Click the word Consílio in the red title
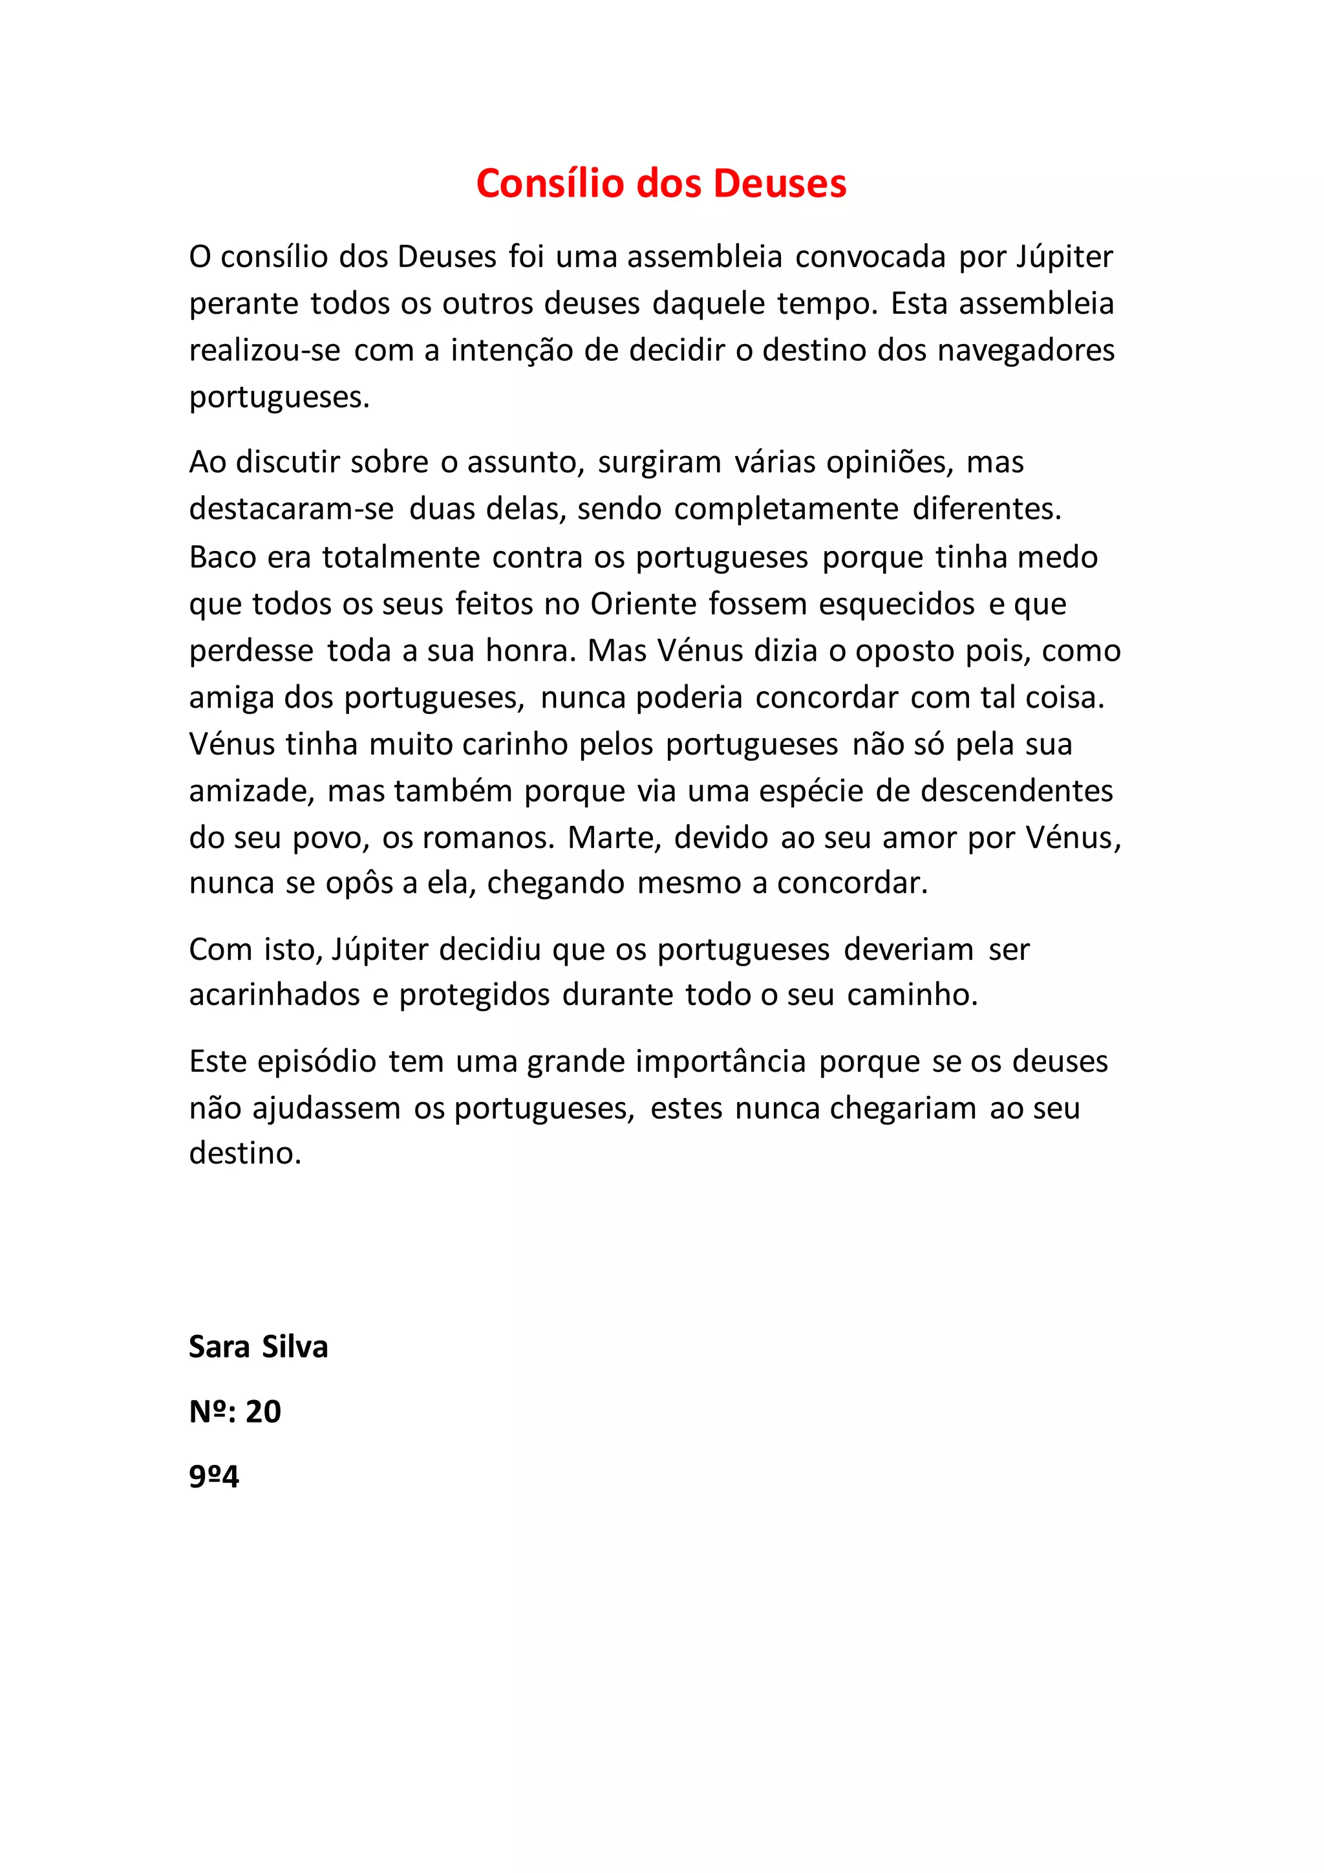click(550, 183)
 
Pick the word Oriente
click(643, 603)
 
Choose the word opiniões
click(890, 462)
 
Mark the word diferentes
click(987, 509)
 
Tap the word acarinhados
click(275, 995)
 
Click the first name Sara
click(219, 1347)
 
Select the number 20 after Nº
click(263, 1411)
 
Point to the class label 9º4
click(213, 1476)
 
